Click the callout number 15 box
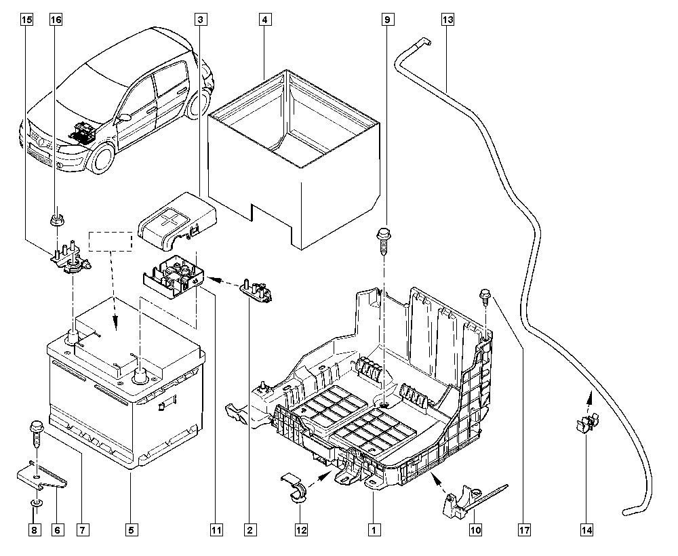pos(26,20)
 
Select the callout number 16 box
pos(56,20)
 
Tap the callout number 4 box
pos(264,20)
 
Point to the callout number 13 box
pos(447,20)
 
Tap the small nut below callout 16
pos(56,219)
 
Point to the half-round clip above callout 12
pos(294,488)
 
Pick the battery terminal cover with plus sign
pos(176,221)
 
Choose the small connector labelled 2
pos(256,290)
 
